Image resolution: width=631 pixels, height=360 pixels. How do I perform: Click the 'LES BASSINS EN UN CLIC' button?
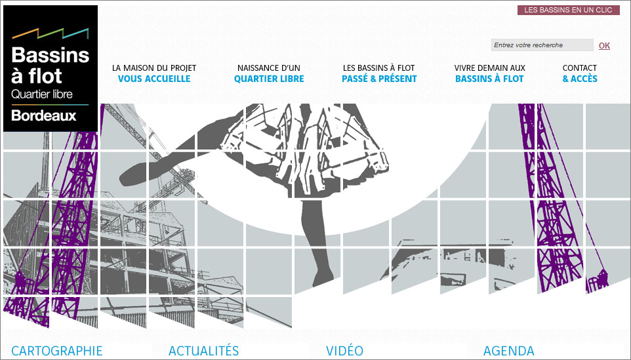point(568,10)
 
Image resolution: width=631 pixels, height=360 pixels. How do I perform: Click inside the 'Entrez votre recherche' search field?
point(542,45)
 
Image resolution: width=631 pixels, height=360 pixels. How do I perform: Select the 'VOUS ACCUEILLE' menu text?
point(154,79)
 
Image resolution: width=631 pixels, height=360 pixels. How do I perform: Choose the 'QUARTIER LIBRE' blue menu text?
point(269,79)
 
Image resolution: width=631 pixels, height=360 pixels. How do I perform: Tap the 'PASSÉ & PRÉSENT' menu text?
point(379,79)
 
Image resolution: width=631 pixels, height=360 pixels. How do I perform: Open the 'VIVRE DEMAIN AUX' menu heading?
point(490,68)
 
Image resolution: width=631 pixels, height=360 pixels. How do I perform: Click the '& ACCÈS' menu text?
point(580,79)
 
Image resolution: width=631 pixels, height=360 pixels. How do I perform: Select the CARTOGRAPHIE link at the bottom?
point(57,351)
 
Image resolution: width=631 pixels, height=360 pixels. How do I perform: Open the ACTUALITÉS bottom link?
point(203,351)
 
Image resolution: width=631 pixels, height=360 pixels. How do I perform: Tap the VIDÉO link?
point(345,351)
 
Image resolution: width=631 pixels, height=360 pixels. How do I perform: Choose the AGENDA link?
point(508,351)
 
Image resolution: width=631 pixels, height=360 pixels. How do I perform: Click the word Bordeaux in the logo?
point(44,116)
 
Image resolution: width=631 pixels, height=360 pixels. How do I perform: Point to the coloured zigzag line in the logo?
point(51,33)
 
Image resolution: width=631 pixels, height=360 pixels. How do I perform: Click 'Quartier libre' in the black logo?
point(42,94)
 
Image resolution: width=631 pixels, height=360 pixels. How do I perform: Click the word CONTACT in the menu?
point(579,68)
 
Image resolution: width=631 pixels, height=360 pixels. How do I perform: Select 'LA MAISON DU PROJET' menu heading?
point(154,68)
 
